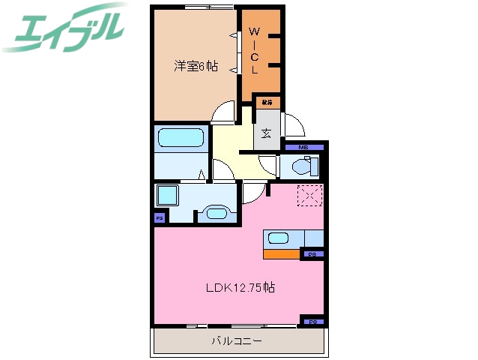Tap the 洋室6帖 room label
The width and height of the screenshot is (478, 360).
[x=196, y=66]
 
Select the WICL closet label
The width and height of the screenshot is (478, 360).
[x=254, y=51]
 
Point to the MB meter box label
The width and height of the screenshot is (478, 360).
[x=303, y=147]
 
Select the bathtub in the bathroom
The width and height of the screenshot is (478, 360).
[x=181, y=139]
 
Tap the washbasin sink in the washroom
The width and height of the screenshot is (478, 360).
[x=217, y=212]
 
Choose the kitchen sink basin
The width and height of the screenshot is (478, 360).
[x=277, y=239]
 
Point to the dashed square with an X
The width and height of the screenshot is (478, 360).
[x=309, y=196]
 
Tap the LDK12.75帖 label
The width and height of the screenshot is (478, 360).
[x=240, y=287]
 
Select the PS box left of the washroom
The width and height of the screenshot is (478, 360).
[x=159, y=218]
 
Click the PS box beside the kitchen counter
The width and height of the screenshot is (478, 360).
[x=312, y=255]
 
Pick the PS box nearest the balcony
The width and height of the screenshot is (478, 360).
[x=312, y=322]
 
